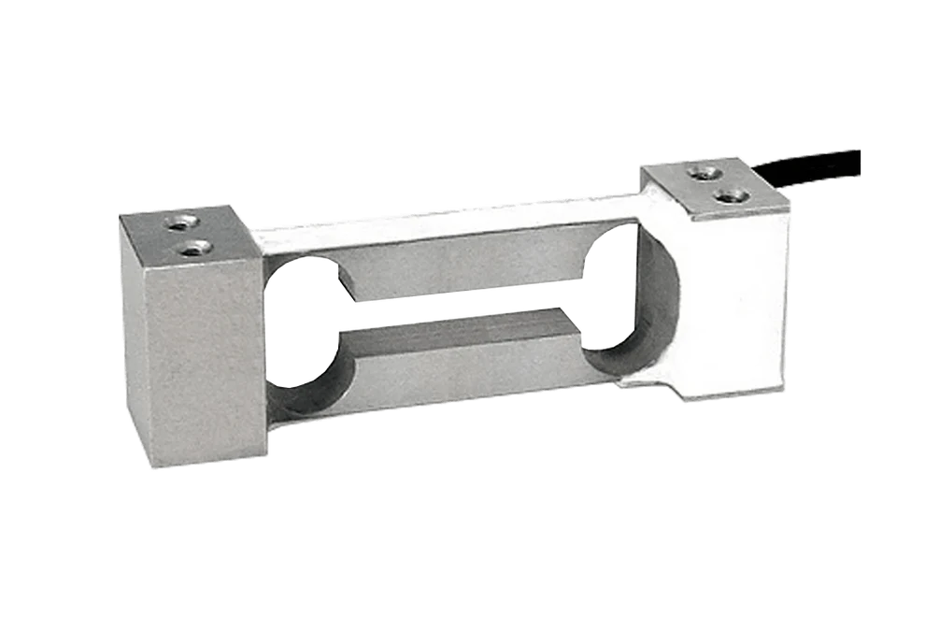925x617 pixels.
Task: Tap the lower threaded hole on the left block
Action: (193, 248)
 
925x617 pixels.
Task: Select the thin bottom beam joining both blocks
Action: (448, 398)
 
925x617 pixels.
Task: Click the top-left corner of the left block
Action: (116, 214)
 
